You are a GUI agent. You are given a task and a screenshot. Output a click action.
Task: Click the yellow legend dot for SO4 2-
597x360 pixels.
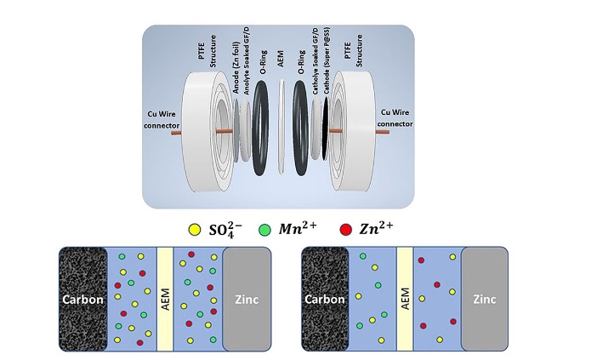tap(195, 230)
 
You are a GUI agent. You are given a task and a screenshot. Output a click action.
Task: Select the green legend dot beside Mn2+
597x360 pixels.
tap(264, 230)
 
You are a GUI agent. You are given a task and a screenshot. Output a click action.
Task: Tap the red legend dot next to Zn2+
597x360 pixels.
tap(346, 230)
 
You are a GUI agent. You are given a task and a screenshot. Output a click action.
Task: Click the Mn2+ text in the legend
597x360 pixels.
tap(298, 228)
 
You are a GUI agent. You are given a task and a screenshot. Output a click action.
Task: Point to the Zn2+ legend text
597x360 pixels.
tap(376, 228)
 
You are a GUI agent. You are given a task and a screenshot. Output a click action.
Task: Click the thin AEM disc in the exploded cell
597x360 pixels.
tap(281, 127)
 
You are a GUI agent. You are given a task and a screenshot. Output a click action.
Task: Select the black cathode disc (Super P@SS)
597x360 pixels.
tap(326, 129)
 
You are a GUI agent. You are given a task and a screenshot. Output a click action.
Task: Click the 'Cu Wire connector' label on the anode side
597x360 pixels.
tap(162, 119)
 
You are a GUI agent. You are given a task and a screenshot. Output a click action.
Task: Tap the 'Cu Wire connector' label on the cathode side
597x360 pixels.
tap(395, 118)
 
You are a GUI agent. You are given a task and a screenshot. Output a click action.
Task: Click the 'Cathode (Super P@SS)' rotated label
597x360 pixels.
tap(327, 60)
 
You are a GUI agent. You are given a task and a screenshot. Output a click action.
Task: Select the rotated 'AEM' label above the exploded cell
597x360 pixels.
tap(281, 59)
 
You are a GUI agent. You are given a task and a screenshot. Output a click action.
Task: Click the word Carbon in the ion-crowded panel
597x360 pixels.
tap(83, 300)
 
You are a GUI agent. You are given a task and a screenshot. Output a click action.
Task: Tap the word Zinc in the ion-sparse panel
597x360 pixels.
tap(485, 299)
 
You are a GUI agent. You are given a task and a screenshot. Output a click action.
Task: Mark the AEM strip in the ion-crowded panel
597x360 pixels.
tap(165, 299)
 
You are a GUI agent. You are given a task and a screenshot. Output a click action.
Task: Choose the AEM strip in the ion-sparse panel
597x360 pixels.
tap(405, 299)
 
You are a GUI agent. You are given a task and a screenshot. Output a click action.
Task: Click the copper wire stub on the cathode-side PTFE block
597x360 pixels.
tap(382, 132)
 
